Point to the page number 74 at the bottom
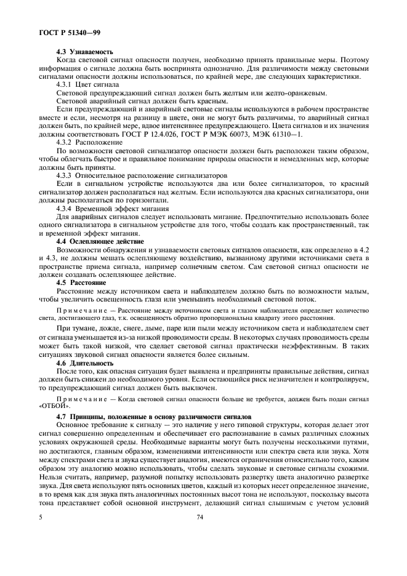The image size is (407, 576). [x=200, y=519]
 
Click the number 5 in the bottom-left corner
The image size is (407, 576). [x=38, y=519]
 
